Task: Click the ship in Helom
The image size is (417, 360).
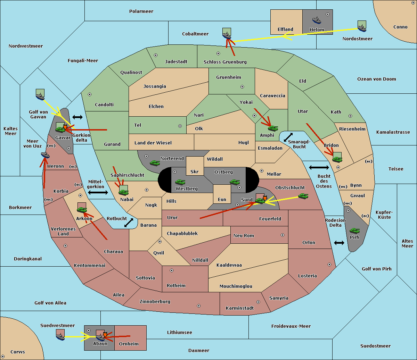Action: [317, 20]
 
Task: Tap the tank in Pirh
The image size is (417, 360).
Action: [354, 231]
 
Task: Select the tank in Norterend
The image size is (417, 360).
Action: [155, 163]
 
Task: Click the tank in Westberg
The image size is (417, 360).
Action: [180, 182]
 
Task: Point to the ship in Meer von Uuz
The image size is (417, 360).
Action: [45, 155]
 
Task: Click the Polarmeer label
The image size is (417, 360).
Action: [141, 11]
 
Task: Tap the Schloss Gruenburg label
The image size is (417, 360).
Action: [225, 62]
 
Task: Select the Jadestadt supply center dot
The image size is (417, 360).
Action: [156, 55]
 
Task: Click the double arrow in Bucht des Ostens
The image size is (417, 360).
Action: [319, 167]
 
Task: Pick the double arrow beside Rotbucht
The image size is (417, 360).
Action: [129, 223]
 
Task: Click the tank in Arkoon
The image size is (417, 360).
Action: [82, 210]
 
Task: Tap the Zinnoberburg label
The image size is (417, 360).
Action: [155, 301]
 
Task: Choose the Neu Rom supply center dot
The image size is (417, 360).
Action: [283, 235]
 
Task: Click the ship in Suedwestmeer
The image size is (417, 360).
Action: [60, 337]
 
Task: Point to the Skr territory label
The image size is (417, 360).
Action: [195, 171]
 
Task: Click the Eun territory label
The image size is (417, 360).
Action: [222, 199]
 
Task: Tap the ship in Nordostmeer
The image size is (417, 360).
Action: [362, 28]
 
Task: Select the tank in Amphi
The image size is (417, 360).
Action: [273, 128]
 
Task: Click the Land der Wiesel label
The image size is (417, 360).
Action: [153, 143]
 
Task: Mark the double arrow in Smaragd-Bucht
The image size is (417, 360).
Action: [288, 137]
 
